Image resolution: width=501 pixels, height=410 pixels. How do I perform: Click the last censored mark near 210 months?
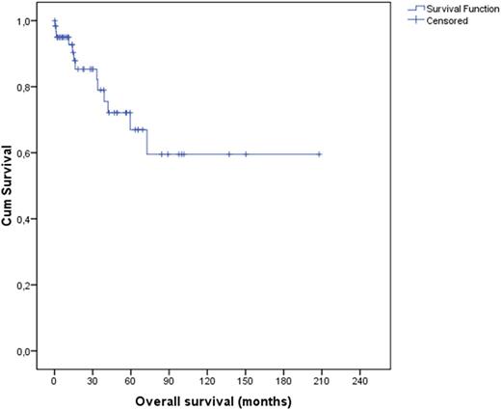(319, 153)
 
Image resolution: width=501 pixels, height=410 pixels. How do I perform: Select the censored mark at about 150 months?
(246, 153)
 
